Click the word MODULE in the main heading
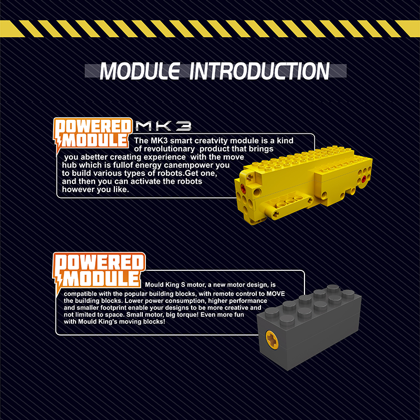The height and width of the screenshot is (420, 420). coord(140,71)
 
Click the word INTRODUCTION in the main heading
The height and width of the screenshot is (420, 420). coord(259,71)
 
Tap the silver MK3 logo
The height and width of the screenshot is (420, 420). coord(163,125)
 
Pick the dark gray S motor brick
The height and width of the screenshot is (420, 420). coord(309,327)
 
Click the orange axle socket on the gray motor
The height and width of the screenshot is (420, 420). coord(272,340)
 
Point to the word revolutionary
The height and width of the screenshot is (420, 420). coord(169,149)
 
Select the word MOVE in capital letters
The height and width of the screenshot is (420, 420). coord(275,294)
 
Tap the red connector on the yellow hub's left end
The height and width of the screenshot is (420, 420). coord(243,188)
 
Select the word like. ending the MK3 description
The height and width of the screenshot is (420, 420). coord(121,190)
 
